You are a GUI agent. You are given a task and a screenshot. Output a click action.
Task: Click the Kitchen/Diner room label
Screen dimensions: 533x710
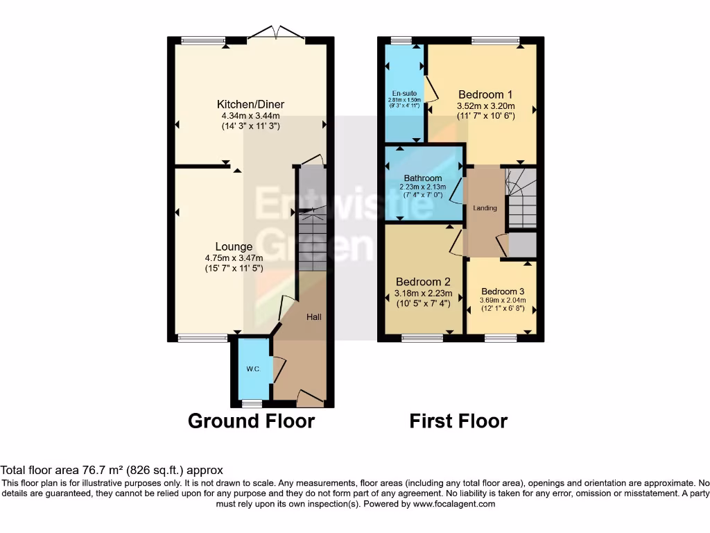pos(250,105)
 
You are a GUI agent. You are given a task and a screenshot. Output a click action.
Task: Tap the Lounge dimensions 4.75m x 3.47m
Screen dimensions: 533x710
pos(233,258)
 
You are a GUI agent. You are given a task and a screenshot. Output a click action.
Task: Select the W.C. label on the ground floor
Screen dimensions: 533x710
pos(252,369)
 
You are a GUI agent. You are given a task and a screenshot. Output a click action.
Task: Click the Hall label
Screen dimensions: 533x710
pos(314,317)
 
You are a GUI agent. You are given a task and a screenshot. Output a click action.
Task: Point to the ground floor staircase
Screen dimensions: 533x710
pos(311,243)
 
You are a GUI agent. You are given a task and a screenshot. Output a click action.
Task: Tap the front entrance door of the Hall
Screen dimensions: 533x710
pos(309,398)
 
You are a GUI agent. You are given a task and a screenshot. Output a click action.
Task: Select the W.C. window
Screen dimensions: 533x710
pos(252,403)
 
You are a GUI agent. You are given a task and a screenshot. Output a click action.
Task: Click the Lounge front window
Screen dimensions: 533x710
pos(202,338)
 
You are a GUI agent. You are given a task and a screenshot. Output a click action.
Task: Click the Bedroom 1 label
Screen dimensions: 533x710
pos(485,94)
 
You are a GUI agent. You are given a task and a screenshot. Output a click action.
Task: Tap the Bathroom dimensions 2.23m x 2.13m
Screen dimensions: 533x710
pos(423,187)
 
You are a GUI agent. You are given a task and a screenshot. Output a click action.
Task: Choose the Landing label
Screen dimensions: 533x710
pos(485,208)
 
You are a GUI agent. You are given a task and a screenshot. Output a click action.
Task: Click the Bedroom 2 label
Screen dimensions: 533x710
pos(423,282)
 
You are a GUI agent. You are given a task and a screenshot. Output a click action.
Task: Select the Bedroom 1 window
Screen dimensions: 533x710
pos(496,41)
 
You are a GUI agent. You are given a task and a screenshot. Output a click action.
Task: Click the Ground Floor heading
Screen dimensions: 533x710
pos(251,421)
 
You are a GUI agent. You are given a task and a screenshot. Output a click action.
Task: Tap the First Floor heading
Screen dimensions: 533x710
pos(458,421)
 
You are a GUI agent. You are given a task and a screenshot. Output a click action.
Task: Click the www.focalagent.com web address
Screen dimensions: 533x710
pos(454,504)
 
